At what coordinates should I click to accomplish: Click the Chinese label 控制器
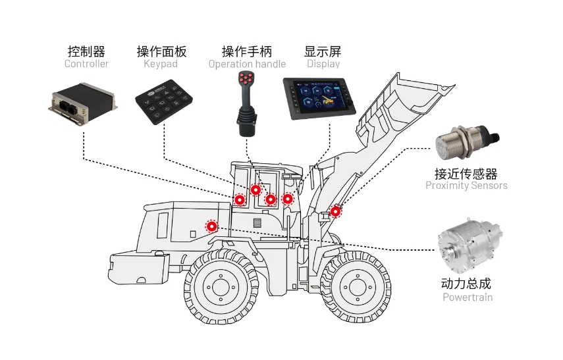click(86, 51)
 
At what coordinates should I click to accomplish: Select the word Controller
click(86, 64)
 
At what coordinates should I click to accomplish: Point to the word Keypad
click(161, 64)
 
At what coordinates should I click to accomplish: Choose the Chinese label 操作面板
click(161, 51)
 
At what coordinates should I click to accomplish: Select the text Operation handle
click(247, 64)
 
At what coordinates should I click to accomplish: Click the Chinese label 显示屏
click(323, 51)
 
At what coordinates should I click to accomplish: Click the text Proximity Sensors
click(466, 186)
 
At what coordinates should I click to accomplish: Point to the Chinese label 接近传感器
click(466, 174)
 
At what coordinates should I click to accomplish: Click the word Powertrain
click(467, 297)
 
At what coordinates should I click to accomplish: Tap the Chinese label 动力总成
click(466, 284)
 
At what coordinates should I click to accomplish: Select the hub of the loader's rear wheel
click(219, 288)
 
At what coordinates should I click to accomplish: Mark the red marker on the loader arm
click(335, 211)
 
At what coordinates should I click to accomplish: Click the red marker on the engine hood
click(211, 226)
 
